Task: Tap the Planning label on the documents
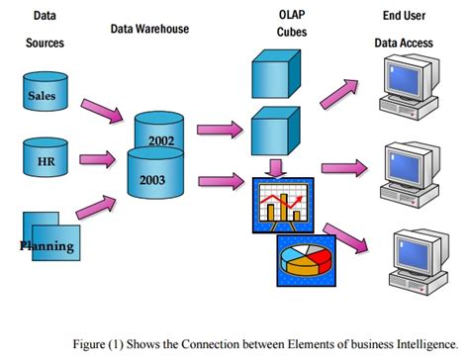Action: tap(47, 244)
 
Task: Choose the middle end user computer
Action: tap(409, 167)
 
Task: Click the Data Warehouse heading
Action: tap(149, 29)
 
